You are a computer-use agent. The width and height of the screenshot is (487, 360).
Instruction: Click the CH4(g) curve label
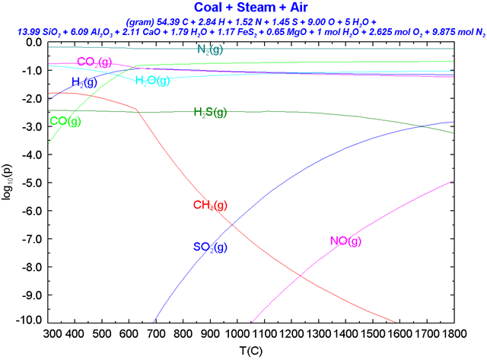tap(210, 205)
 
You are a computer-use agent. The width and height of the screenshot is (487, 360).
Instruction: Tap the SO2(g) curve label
tap(210, 247)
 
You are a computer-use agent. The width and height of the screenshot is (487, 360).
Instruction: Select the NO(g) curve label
tap(345, 241)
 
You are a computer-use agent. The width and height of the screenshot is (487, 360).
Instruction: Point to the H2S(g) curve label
tap(210, 113)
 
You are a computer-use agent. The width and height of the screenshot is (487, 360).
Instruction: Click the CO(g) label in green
tap(65, 121)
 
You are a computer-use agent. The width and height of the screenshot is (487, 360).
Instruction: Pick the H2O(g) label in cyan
tap(152, 81)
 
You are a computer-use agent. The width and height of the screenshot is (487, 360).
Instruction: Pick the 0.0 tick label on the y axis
tap(33, 43)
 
